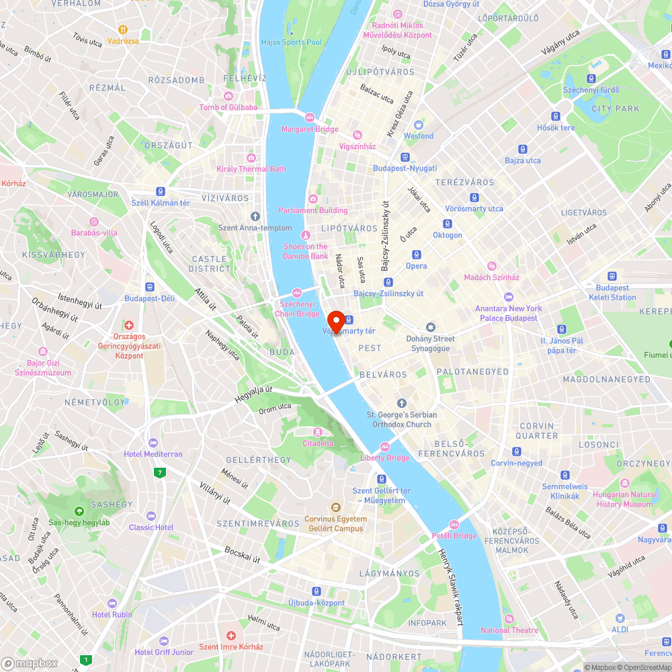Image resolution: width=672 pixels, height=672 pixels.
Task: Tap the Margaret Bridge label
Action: click(x=310, y=129)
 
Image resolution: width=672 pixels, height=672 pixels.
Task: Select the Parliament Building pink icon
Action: click(x=313, y=198)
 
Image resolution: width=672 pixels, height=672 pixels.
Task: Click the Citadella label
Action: click(x=318, y=443)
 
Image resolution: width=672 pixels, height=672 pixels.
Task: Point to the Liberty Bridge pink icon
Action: click(x=385, y=446)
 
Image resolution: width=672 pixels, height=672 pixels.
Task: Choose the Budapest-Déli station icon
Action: click(x=149, y=286)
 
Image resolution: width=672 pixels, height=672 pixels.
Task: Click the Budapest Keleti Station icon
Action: click(x=612, y=276)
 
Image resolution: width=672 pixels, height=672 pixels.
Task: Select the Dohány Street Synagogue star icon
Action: click(x=431, y=327)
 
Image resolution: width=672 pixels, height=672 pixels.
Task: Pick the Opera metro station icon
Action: click(x=416, y=255)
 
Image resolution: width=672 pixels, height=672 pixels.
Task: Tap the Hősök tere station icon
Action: click(x=556, y=116)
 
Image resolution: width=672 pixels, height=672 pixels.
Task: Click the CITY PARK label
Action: click(x=616, y=108)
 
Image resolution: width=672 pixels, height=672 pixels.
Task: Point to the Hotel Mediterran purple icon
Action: click(x=153, y=443)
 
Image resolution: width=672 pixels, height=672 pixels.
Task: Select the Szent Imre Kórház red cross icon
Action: click(x=230, y=635)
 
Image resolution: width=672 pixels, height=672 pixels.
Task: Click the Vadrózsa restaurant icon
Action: click(x=122, y=30)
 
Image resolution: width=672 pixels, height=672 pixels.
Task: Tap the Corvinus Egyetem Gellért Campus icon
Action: click(x=335, y=507)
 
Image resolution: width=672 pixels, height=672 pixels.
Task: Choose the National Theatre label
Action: click(x=509, y=630)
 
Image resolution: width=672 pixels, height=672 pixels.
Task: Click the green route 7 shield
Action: click(x=159, y=472)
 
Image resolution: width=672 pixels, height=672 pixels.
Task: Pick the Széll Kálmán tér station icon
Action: click(x=161, y=192)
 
